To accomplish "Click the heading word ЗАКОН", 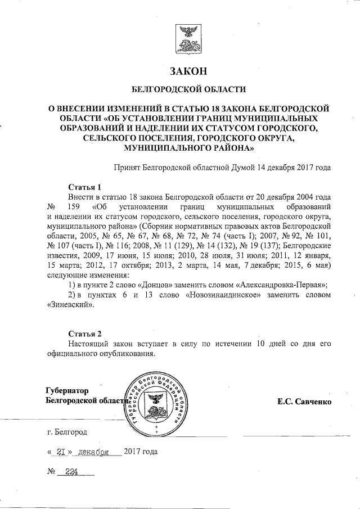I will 188,71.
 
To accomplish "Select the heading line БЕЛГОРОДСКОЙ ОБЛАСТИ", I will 188,89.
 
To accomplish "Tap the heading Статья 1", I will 84,186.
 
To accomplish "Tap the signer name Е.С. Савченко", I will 304,402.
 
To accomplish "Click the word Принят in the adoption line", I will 127,167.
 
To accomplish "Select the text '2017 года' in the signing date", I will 141,452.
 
